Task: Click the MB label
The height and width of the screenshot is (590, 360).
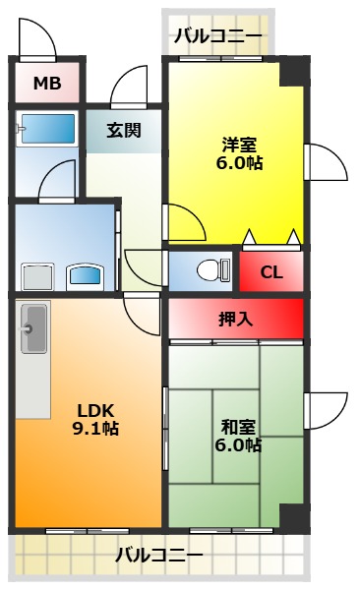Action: point(47,84)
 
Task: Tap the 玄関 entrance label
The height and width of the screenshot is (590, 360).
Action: point(124,130)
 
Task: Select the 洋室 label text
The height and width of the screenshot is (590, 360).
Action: point(239,145)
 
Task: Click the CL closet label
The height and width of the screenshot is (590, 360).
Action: point(271,272)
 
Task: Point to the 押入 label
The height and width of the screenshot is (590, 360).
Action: point(236,320)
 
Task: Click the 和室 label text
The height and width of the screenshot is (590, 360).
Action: point(238,427)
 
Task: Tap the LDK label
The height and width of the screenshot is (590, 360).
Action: point(95,410)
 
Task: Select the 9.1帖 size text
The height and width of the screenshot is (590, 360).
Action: point(95,429)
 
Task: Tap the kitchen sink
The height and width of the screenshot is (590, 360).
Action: point(34,328)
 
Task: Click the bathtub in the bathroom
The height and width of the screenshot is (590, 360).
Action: point(47,129)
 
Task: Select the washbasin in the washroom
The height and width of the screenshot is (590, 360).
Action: point(85,277)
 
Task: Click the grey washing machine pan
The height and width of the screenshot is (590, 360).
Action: point(37,277)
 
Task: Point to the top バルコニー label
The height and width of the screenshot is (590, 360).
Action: point(218,37)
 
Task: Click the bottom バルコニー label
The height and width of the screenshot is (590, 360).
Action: point(159,555)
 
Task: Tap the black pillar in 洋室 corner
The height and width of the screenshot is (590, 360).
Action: point(294,74)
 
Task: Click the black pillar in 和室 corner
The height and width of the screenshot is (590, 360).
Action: point(294,516)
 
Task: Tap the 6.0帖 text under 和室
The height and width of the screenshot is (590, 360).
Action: point(238,445)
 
